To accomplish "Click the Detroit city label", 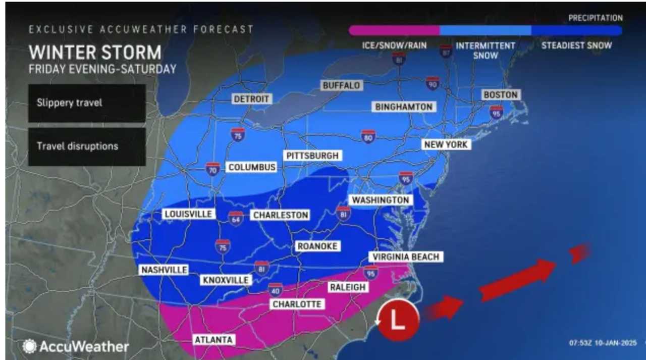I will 251,99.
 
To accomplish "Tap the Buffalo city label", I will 342,85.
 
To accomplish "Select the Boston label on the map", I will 501,94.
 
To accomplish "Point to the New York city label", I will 447,144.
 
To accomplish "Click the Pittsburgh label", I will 312,156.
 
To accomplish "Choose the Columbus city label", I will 252,167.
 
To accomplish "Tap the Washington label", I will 381,200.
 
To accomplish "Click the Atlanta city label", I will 214,340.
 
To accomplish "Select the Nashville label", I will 164,270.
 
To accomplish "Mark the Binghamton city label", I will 404,107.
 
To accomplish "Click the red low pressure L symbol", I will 399,321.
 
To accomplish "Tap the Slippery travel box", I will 87,103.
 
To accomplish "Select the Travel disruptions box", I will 87,146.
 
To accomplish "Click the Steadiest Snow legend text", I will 576,45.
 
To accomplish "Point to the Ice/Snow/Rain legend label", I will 394,45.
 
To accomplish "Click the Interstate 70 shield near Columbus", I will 213,169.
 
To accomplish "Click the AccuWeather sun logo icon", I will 29,346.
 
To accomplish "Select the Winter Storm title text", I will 95,53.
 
